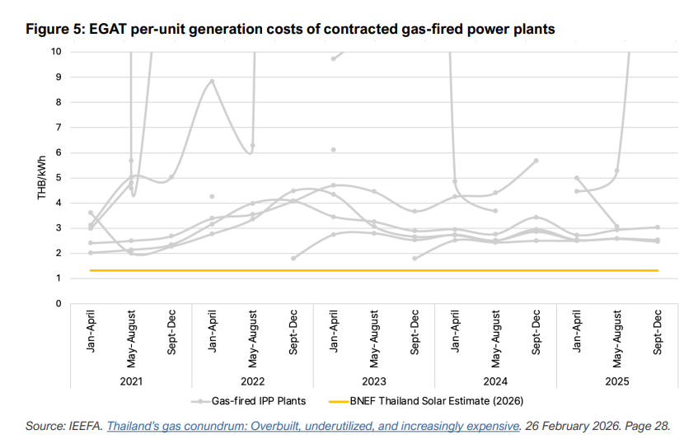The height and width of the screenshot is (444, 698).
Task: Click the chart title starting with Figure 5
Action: [290, 30]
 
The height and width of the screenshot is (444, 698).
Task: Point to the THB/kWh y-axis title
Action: [41, 177]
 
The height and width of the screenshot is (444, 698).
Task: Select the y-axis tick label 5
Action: [59, 178]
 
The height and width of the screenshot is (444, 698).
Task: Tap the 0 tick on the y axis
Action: [59, 304]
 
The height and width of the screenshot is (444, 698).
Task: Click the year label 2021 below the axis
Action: [131, 381]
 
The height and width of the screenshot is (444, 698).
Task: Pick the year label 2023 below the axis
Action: [374, 381]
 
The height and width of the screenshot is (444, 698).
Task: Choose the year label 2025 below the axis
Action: [618, 381]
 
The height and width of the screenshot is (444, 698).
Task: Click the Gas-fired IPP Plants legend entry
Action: [251, 401]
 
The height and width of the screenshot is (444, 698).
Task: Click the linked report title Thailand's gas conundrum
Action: [315, 426]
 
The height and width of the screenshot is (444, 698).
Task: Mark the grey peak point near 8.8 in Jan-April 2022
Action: [212, 82]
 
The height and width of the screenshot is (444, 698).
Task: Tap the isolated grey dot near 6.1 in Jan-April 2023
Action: [334, 150]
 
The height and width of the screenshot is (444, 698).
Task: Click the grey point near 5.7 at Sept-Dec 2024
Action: [536, 161]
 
